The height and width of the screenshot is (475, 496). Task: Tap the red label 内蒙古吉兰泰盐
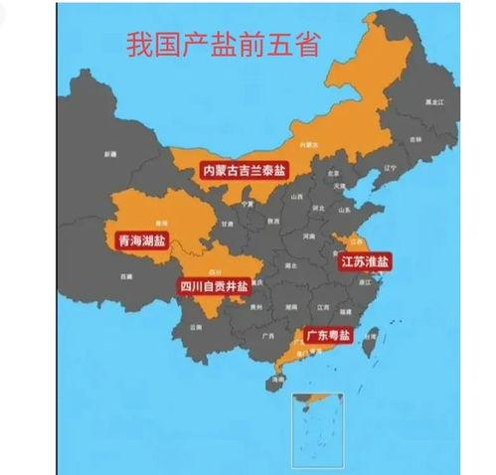tap(244, 171)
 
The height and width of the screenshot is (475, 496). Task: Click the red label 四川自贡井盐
tap(214, 286)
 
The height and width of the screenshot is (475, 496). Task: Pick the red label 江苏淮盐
tap(365, 262)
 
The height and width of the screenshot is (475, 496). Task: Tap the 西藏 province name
tap(125, 275)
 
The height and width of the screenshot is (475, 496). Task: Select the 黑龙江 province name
tap(430, 102)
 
